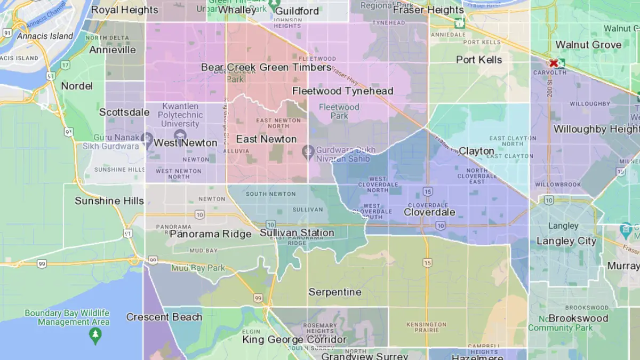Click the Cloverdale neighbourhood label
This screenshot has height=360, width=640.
(429, 212)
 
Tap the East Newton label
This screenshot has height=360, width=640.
(266, 139)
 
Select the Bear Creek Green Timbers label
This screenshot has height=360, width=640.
(266, 67)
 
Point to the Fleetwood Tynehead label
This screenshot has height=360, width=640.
(342, 91)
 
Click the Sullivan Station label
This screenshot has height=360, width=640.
(297, 233)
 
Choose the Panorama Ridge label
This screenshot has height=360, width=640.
(210, 234)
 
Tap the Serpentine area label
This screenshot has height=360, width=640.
(335, 292)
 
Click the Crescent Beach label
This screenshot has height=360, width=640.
(164, 317)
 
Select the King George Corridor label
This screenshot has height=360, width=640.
(294, 340)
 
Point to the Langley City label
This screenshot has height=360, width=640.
(566, 241)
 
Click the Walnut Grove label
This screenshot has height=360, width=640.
(588, 45)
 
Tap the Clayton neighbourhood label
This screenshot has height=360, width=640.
(476, 151)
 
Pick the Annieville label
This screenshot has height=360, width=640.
(113, 50)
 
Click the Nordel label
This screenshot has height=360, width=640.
(77, 86)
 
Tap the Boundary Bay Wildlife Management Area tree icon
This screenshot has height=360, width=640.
(95, 335)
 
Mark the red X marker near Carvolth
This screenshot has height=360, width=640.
(554, 63)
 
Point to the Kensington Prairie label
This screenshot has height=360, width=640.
(426, 327)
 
